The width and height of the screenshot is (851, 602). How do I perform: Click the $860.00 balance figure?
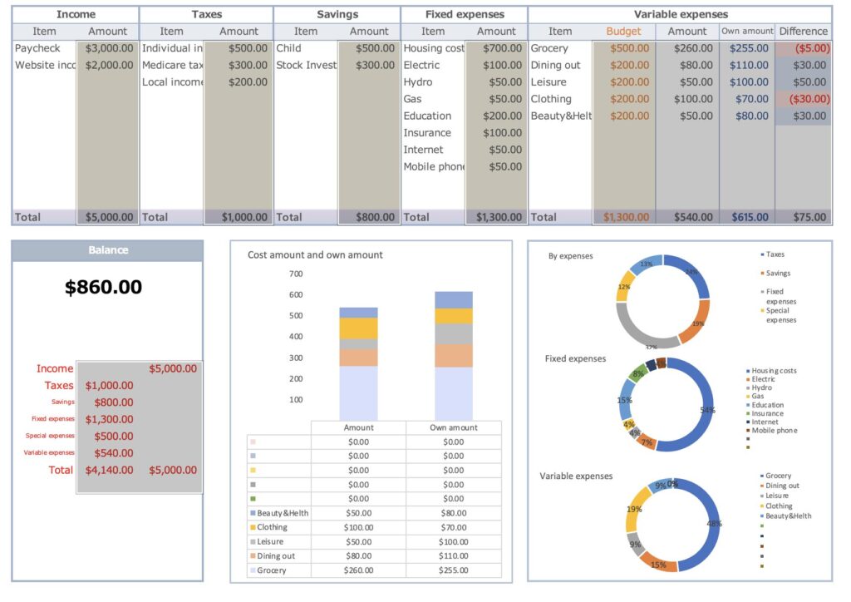[x=103, y=288]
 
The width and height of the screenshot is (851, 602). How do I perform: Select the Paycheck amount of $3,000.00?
[x=109, y=48]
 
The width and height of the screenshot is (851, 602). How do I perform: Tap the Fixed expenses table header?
[x=464, y=14]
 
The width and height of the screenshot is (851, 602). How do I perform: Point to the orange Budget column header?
[x=623, y=32]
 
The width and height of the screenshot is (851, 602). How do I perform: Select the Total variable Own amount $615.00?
[x=749, y=217]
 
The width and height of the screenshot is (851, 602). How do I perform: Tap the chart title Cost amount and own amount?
[x=315, y=254]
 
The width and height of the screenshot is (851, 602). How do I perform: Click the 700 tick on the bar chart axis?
[x=296, y=274]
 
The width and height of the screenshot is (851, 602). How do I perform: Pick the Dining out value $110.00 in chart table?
[x=453, y=555]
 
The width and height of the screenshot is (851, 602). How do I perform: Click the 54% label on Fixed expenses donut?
[x=707, y=410]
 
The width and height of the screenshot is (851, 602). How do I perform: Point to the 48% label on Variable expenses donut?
[x=714, y=524]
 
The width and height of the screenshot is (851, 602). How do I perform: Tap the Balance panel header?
[x=107, y=250]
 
